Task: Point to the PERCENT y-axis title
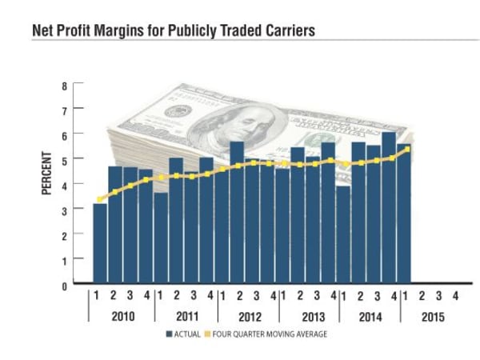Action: [x=46, y=173]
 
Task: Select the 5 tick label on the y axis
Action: [x=65, y=158]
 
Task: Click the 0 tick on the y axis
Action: [x=65, y=284]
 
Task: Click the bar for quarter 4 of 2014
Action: [x=389, y=207]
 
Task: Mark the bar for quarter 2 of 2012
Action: [x=237, y=212]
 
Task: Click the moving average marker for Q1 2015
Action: [x=408, y=149]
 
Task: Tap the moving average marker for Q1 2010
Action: [x=100, y=199]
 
